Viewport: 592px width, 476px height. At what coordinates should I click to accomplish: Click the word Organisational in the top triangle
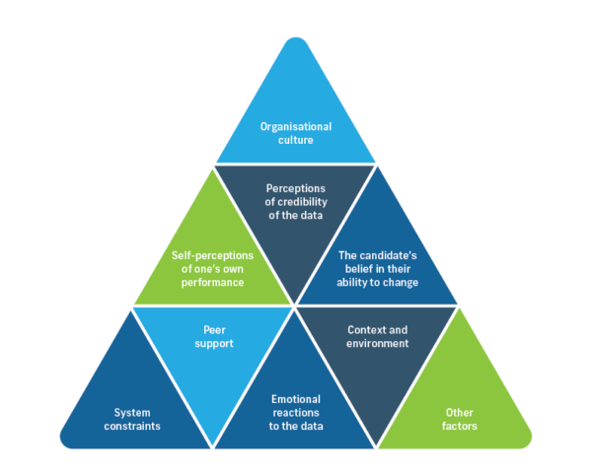tap(296, 126)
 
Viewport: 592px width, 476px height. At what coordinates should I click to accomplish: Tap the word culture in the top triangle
tap(296, 140)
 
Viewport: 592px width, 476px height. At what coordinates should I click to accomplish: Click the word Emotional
tap(296, 400)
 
